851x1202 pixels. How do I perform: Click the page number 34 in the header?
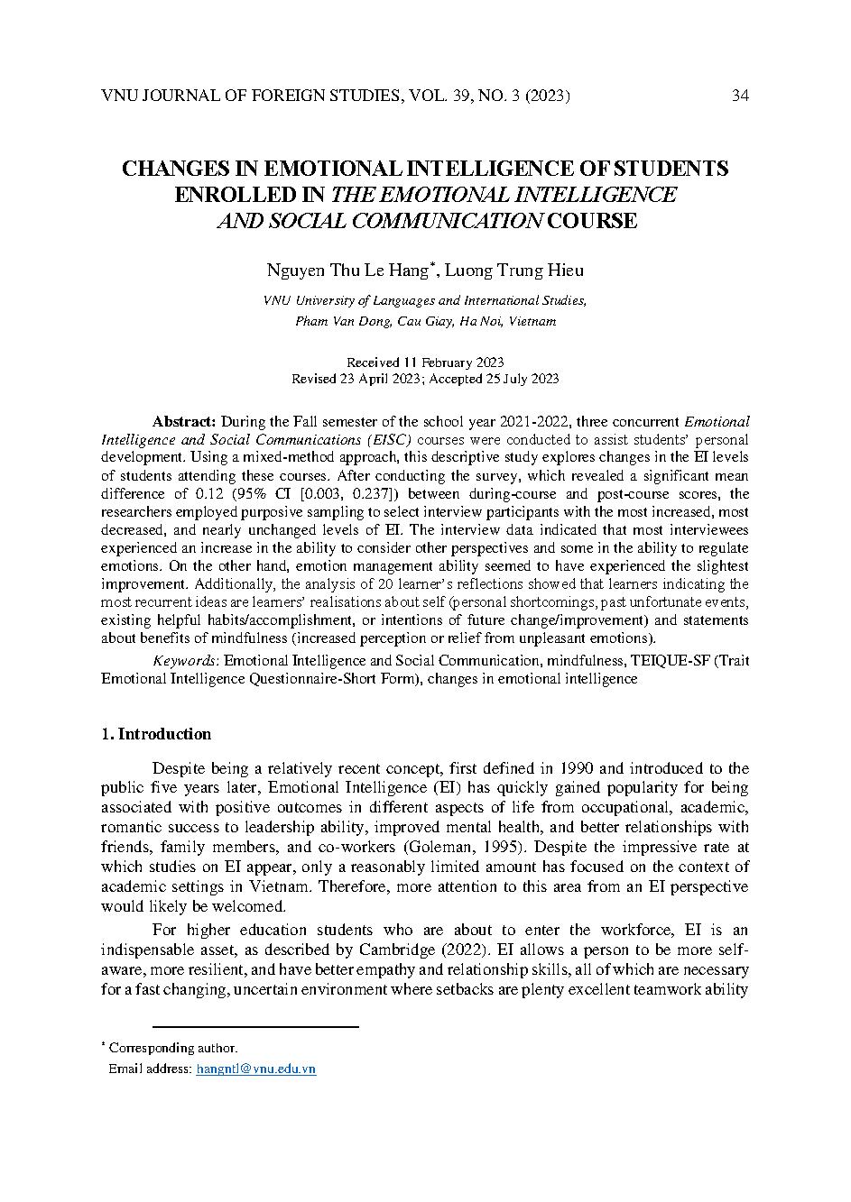[740, 96]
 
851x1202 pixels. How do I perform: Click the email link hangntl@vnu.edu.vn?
[256, 1069]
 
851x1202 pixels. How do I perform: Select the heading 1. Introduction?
[156, 734]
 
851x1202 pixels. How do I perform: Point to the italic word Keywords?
[186, 660]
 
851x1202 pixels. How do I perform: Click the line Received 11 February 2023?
[425, 362]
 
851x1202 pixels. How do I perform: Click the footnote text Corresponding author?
[173, 1048]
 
